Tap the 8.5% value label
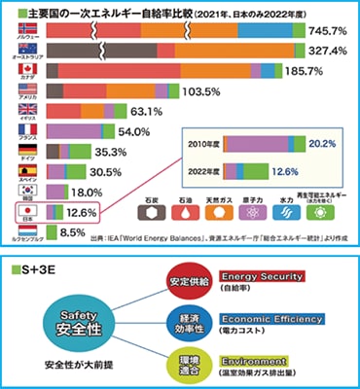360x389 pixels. [76, 232]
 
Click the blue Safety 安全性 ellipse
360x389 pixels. [76, 322]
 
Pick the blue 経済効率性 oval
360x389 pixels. [188, 323]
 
